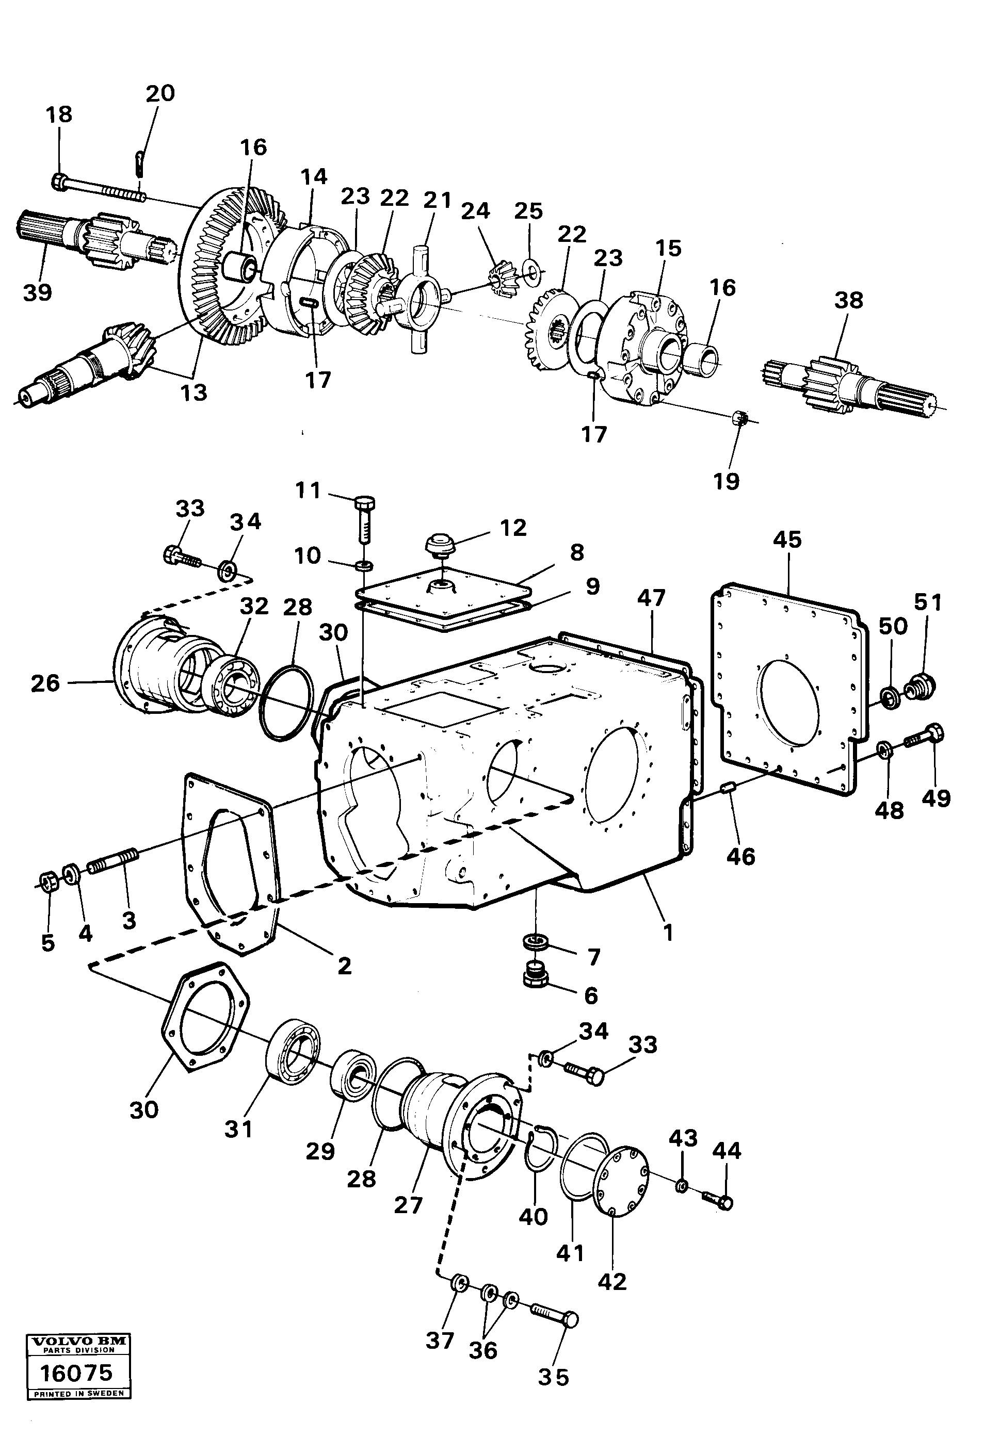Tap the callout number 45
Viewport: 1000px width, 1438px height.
[x=787, y=540]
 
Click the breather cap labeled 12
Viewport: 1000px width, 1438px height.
[x=439, y=544]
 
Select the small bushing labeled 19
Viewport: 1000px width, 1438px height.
[x=739, y=418]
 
